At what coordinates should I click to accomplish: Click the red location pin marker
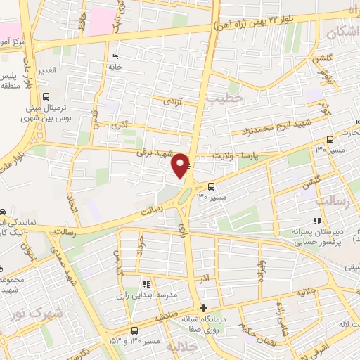181,165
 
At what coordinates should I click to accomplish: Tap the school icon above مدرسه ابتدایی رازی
146,284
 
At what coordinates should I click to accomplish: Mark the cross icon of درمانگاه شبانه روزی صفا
203,309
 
